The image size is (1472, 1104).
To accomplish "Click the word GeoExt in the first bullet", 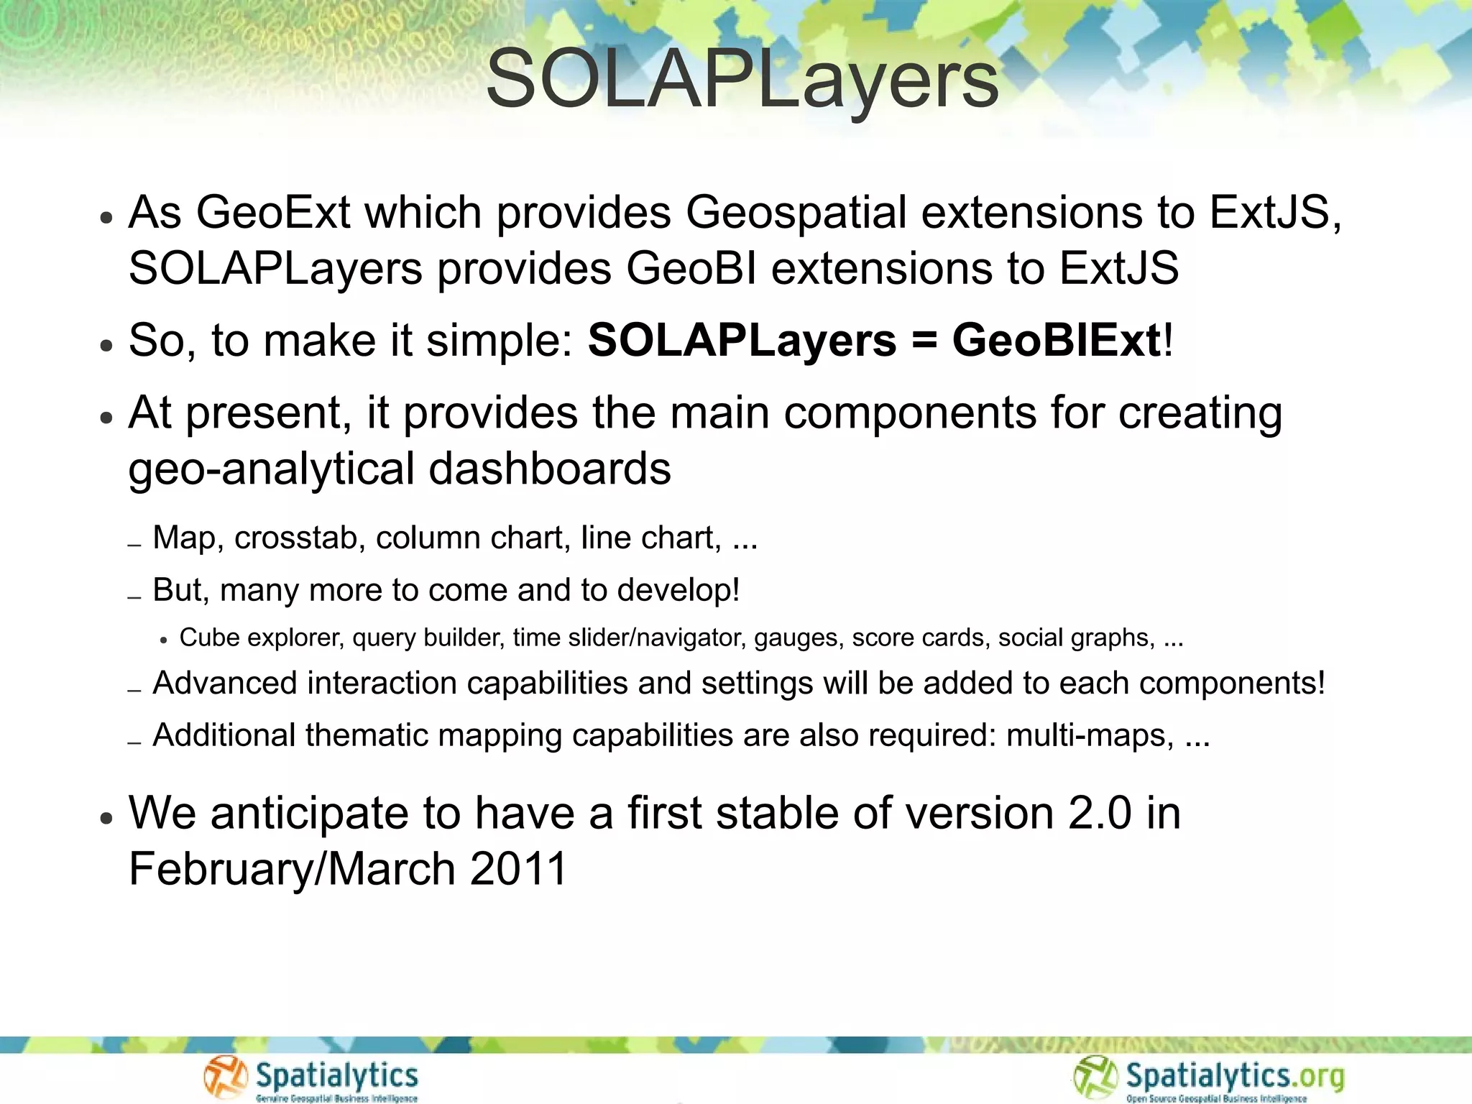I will click(273, 213).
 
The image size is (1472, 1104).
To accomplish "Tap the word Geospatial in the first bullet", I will click(796, 213).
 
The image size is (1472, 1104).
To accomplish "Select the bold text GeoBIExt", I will click(1057, 340).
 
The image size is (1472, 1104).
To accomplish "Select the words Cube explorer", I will click(260, 638).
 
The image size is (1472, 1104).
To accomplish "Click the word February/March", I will click(292, 869).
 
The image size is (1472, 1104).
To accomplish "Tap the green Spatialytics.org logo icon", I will click(1095, 1077).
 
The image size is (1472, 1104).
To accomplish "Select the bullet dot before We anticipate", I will click(106, 818).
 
